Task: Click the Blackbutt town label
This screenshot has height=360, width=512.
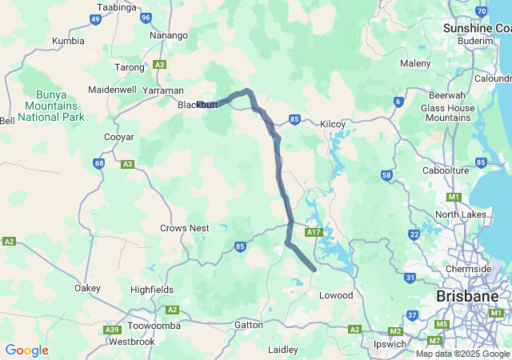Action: tap(197, 105)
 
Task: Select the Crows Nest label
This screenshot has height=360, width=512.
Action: tap(184, 228)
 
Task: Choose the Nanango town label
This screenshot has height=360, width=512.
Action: tap(169, 35)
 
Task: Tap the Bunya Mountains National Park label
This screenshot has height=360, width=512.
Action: tap(51, 106)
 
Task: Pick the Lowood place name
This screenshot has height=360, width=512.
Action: tap(336, 295)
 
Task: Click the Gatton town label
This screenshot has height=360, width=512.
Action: tap(249, 325)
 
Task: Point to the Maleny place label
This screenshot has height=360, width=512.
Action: tap(415, 63)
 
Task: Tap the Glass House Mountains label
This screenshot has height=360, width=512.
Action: tap(448, 113)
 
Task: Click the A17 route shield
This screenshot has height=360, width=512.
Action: tap(314, 233)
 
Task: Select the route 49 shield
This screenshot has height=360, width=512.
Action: tap(95, 19)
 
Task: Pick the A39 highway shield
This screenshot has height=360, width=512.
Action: tap(112, 330)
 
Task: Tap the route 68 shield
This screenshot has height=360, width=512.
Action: tap(98, 163)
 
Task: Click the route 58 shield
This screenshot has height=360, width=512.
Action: tap(387, 175)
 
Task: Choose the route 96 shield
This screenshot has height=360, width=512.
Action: tap(145, 17)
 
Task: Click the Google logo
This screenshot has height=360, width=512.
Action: tap(26, 350)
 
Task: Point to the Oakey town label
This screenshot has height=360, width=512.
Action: tap(87, 288)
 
